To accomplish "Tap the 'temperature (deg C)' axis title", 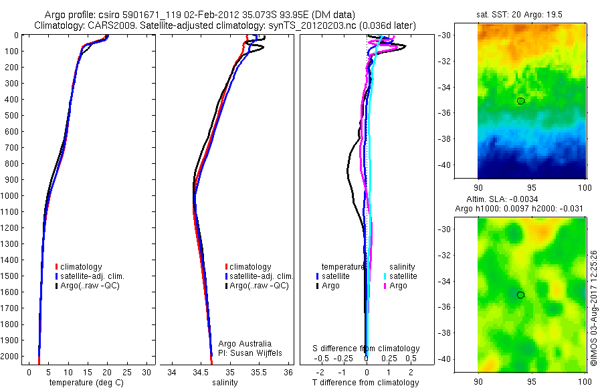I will pos(84,383).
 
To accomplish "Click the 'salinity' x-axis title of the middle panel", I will pos(225,383).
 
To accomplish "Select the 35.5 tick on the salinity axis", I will pos(259,372).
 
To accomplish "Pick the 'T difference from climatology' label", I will pos(367,383).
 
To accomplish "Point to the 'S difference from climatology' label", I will pos(367,349).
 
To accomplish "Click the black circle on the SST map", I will pos(520,101).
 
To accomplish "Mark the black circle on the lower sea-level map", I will pos(520,295).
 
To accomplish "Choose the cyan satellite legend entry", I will pos(399,276).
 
